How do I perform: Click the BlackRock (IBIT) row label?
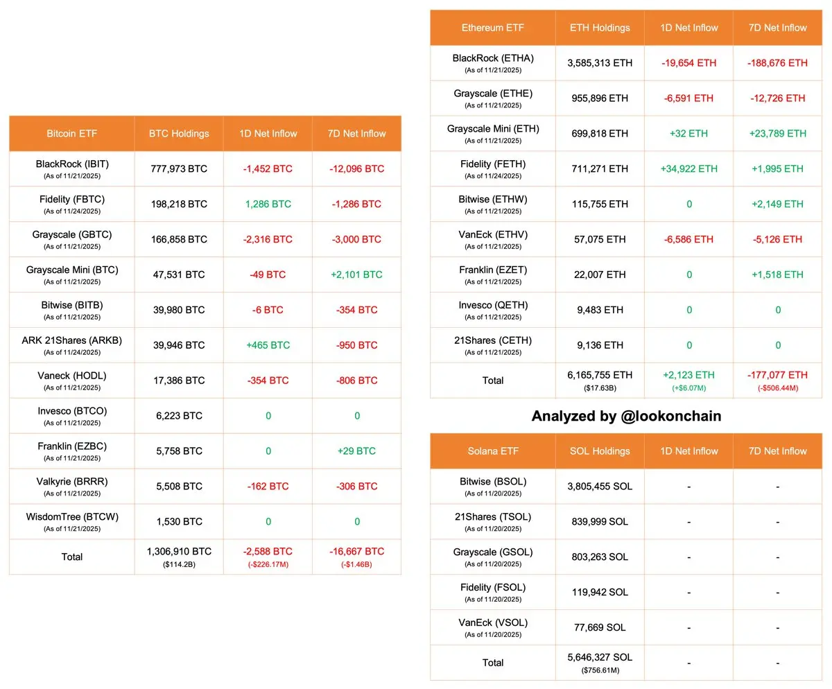72,165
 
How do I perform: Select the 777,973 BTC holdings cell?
179,168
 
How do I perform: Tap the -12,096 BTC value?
356,168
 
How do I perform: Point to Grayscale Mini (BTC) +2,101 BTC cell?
356,274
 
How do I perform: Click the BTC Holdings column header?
179,133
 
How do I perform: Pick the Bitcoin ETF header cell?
72,133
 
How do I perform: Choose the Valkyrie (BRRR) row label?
72,482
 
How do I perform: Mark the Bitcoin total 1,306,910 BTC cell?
179,552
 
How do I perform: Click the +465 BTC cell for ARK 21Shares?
268,345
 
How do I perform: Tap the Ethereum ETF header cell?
492,28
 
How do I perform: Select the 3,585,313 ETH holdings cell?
600,63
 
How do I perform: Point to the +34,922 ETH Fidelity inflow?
688,168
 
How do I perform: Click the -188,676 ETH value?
777,63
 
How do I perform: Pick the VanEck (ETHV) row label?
492,235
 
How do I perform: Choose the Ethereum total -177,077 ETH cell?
777,375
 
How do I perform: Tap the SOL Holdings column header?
600,451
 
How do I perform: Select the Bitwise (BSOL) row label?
492,482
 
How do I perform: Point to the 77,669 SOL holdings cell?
600,627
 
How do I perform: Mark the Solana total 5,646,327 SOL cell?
600,657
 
